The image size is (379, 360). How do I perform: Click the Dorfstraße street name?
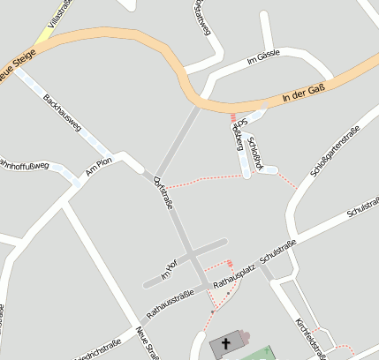tap(163, 193)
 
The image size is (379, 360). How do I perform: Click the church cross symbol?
tap(224, 344)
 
